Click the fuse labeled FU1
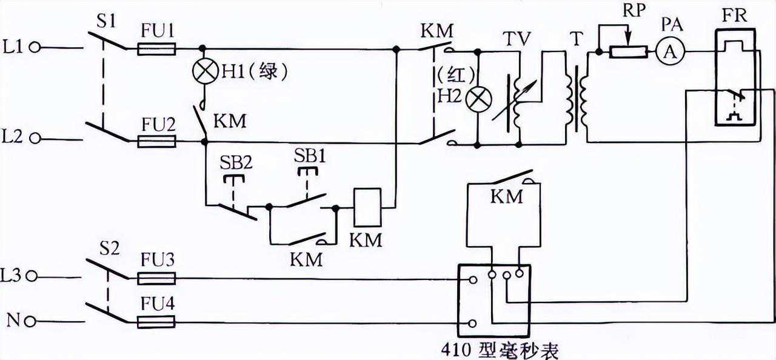156,48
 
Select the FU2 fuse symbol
156,142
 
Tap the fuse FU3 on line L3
156,278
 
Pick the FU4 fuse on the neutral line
156,323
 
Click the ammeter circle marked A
669,53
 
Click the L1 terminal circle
36,47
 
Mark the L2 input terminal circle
36,139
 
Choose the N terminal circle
36,321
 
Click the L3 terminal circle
36,276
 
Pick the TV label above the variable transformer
517,38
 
